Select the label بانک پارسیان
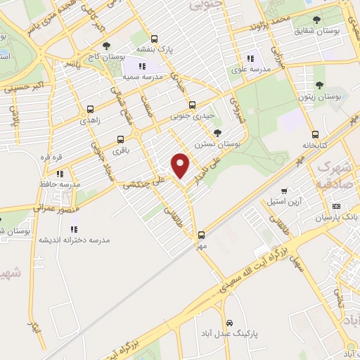[337, 217]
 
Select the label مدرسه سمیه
[143, 75]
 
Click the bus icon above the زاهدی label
[90, 109]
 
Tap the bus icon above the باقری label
[120, 139]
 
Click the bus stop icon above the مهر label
[202, 235]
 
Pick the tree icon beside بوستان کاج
[106, 46]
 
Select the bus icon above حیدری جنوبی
[192, 105]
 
